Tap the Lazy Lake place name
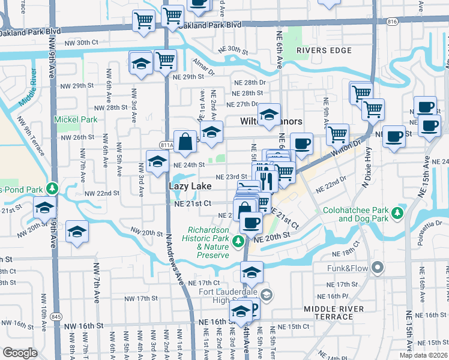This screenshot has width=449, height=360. (x=190, y=187)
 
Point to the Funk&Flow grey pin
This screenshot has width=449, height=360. (x=377, y=266)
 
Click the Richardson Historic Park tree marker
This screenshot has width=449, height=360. (x=238, y=241)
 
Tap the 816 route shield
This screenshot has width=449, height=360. (x=393, y=21)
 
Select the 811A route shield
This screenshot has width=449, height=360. (x=167, y=145)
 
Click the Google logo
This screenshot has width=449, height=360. (x=20, y=353)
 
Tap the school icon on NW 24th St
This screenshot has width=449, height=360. (x=157, y=161)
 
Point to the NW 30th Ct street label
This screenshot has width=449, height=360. (x=82, y=43)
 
